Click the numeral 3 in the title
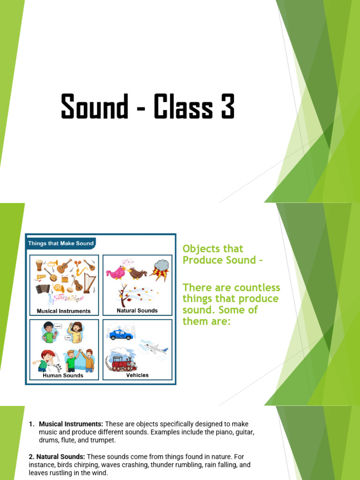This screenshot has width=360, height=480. (x=224, y=106)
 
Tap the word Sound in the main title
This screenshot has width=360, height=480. (x=94, y=106)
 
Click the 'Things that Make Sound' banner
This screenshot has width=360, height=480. (x=61, y=243)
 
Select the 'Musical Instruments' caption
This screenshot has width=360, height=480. (x=64, y=311)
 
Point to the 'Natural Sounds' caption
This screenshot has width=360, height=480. (x=137, y=310)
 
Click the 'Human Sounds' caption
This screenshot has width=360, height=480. (x=63, y=375)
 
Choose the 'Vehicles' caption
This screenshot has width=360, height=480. (x=137, y=375)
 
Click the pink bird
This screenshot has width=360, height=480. (x=115, y=272)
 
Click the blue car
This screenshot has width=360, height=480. (x=121, y=335)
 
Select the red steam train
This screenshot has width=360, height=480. (x=121, y=362)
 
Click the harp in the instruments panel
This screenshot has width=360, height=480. (x=89, y=283)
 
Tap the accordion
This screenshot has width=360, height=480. (x=43, y=289)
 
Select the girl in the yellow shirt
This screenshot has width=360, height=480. (x=75, y=332)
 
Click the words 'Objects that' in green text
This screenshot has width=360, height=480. (x=212, y=248)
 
